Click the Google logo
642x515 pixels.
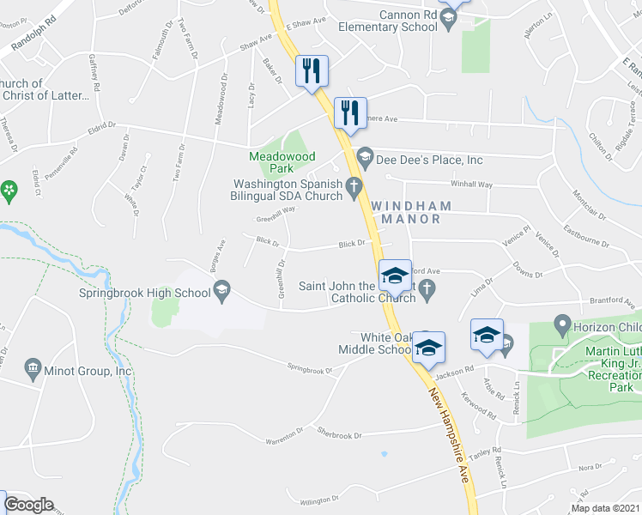pyautogui.click(x=27, y=505)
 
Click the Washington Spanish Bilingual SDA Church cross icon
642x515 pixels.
pyautogui.click(x=353, y=185)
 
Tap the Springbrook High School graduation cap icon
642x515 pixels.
pyautogui.click(x=222, y=288)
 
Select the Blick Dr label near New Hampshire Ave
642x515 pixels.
pyautogui.click(x=352, y=244)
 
